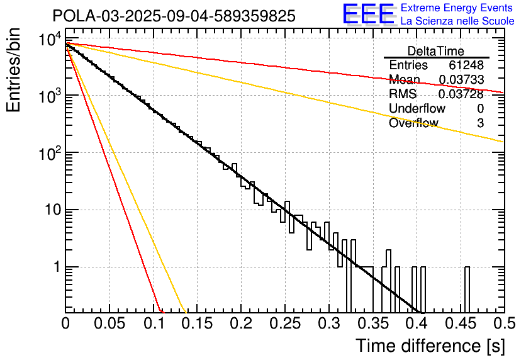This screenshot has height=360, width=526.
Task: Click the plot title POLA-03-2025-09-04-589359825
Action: (x=174, y=17)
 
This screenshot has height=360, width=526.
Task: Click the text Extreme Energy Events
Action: (x=457, y=8)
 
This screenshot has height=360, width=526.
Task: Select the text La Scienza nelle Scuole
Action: (x=457, y=21)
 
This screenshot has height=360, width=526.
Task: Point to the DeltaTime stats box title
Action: (x=436, y=51)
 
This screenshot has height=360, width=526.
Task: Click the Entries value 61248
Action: (x=466, y=65)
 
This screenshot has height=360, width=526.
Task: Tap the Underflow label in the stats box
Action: (x=417, y=108)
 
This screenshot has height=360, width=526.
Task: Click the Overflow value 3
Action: (x=480, y=123)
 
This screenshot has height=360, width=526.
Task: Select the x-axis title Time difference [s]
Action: (x=430, y=346)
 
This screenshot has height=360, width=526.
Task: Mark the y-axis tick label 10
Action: (x=52, y=210)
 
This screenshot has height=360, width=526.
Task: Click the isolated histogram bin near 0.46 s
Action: (x=467, y=290)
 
